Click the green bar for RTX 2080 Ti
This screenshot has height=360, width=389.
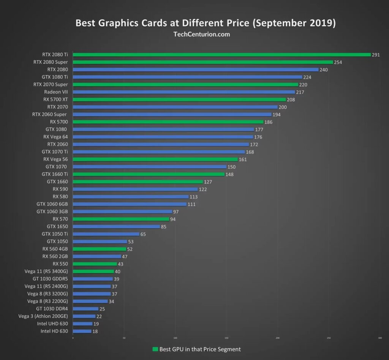(x=221, y=55)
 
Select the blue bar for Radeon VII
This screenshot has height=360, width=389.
(x=184, y=92)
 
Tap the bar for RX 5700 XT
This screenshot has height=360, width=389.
(x=179, y=99)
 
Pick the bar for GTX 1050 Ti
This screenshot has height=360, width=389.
(x=106, y=234)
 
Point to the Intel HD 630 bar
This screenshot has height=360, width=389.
(x=82, y=331)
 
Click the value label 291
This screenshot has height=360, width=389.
(x=376, y=55)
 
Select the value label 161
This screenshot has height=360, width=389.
(x=243, y=159)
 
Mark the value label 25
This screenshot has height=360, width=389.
(x=102, y=309)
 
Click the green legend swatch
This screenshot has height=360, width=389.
(x=155, y=349)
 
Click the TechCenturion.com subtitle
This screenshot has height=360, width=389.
(x=201, y=34)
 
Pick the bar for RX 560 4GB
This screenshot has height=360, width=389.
(x=100, y=249)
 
